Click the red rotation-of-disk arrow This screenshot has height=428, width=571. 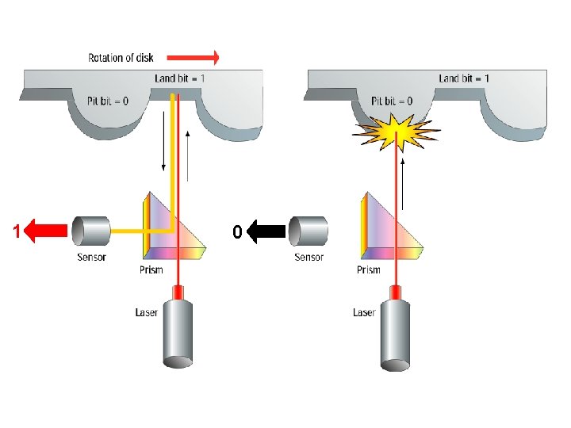click(202, 57)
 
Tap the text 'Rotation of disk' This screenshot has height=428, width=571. click(121, 57)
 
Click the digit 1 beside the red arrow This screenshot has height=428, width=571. click(16, 232)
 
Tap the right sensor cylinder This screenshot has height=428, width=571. click(308, 231)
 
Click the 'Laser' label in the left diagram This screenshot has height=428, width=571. click(147, 312)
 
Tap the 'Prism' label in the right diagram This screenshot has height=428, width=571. click(368, 270)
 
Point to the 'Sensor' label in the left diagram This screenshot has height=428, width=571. click(91, 257)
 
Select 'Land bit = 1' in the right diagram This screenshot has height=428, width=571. click(464, 78)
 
